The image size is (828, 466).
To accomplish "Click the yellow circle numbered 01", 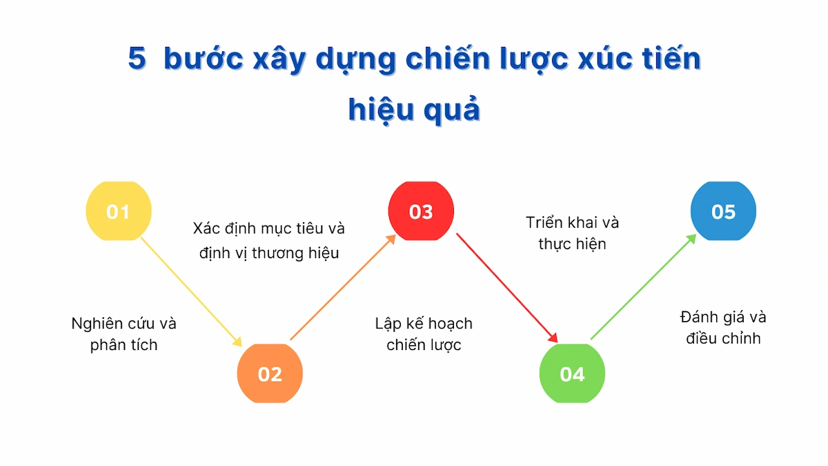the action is pyautogui.click(x=119, y=211).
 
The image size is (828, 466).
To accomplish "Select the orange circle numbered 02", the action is pyautogui.click(x=270, y=373).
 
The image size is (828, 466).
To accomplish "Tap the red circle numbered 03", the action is pyautogui.click(x=421, y=211).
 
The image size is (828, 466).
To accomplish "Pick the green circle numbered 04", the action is pyautogui.click(x=572, y=373).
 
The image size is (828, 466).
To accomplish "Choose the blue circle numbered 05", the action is pyautogui.click(x=723, y=211).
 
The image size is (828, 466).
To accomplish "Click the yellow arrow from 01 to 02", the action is pyautogui.click(x=192, y=292).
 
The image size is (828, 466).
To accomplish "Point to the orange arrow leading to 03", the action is pyautogui.click(x=343, y=287).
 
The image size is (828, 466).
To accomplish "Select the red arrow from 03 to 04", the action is pyautogui.click(x=507, y=288).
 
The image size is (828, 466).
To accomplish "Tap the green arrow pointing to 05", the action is pyautogui.click(x=644, y=287).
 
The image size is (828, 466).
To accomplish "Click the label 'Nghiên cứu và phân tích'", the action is pyautogui.click(x=124, y=334).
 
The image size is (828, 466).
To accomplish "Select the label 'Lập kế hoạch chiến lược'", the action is pyautogui.click(x=424, y=334).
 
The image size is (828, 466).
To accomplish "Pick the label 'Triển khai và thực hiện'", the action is pyautogui.click(x=572, y=233).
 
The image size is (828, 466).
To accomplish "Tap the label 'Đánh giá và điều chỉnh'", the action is pyautogui.click(x=723, y=328).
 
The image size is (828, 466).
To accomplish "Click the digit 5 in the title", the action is pyautogui.click(x=137, y=59).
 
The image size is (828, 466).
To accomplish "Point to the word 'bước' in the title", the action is pyautogui.click(x=204, y=59).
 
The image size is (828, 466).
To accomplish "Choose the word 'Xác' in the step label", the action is pyautogui.click(x=207, y=229).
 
